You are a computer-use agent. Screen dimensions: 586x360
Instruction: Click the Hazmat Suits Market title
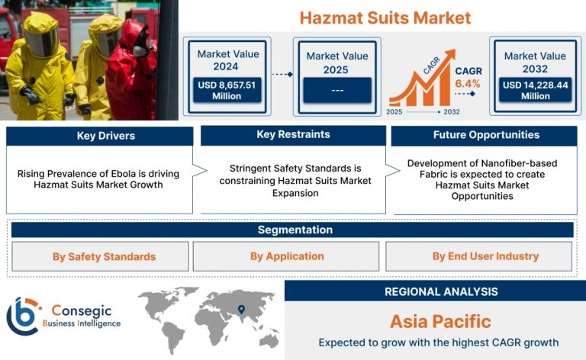coord(385,18)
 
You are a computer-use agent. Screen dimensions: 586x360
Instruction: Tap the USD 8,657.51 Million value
coord(227,90)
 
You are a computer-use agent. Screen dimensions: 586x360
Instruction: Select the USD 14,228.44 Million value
coord(535,90)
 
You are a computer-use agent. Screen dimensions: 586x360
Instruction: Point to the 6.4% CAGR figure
coord(468,84)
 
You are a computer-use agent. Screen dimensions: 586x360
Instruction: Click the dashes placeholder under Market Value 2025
coord(337,90)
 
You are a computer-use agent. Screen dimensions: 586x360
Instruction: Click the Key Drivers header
coord(106,136)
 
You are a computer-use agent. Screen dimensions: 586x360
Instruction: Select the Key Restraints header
coord(293,134)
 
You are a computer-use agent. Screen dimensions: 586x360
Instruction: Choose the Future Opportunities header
coord(486,135)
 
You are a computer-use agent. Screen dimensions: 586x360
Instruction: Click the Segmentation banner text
coord(295,230)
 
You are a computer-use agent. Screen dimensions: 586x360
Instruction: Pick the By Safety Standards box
coord(100,256)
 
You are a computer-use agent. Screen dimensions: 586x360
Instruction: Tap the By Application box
coord(286,256)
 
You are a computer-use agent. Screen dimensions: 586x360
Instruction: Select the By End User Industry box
coord(478,256)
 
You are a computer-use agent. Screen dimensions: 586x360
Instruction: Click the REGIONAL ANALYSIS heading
coord(441,291)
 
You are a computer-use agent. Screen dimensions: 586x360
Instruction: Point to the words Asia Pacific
coord(440,322)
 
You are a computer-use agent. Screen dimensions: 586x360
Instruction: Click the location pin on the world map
coord(241,309)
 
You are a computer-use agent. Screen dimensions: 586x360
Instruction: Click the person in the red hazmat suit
coord(130,71)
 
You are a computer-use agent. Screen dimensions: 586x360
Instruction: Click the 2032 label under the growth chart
coord(452,111)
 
